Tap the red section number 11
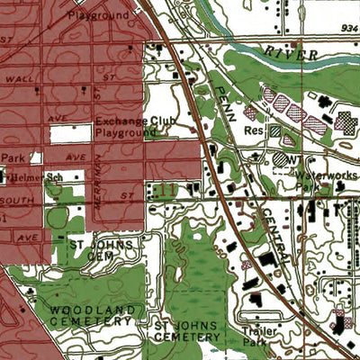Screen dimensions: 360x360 [x=166, y=190]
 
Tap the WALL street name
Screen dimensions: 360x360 [x=21, y=79]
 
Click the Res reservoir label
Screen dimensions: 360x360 [x=253, y=130]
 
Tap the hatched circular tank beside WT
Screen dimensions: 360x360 [x=281, y=158]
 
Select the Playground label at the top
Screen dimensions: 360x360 [x=98, y=16]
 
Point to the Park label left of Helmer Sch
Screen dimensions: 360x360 [x=11, y=157]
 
